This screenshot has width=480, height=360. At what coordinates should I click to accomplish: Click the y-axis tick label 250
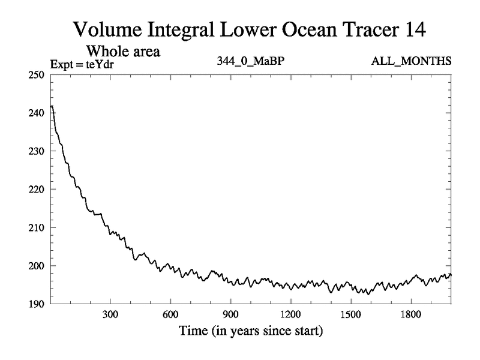coord(38,74)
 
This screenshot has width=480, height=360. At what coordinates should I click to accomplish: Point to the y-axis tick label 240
coord(38,113)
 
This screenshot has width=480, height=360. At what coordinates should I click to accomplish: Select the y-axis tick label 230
coord(38,151)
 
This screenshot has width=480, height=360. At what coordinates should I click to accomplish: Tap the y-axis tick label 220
coord(38,189)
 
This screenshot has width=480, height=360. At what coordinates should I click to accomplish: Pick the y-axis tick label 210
coord(38,227)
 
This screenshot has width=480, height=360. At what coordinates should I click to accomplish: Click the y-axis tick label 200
coord(38,266)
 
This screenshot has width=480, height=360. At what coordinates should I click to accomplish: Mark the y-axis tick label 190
coord(38,304)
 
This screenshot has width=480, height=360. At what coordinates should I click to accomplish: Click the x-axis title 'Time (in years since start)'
coord(250,331)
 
